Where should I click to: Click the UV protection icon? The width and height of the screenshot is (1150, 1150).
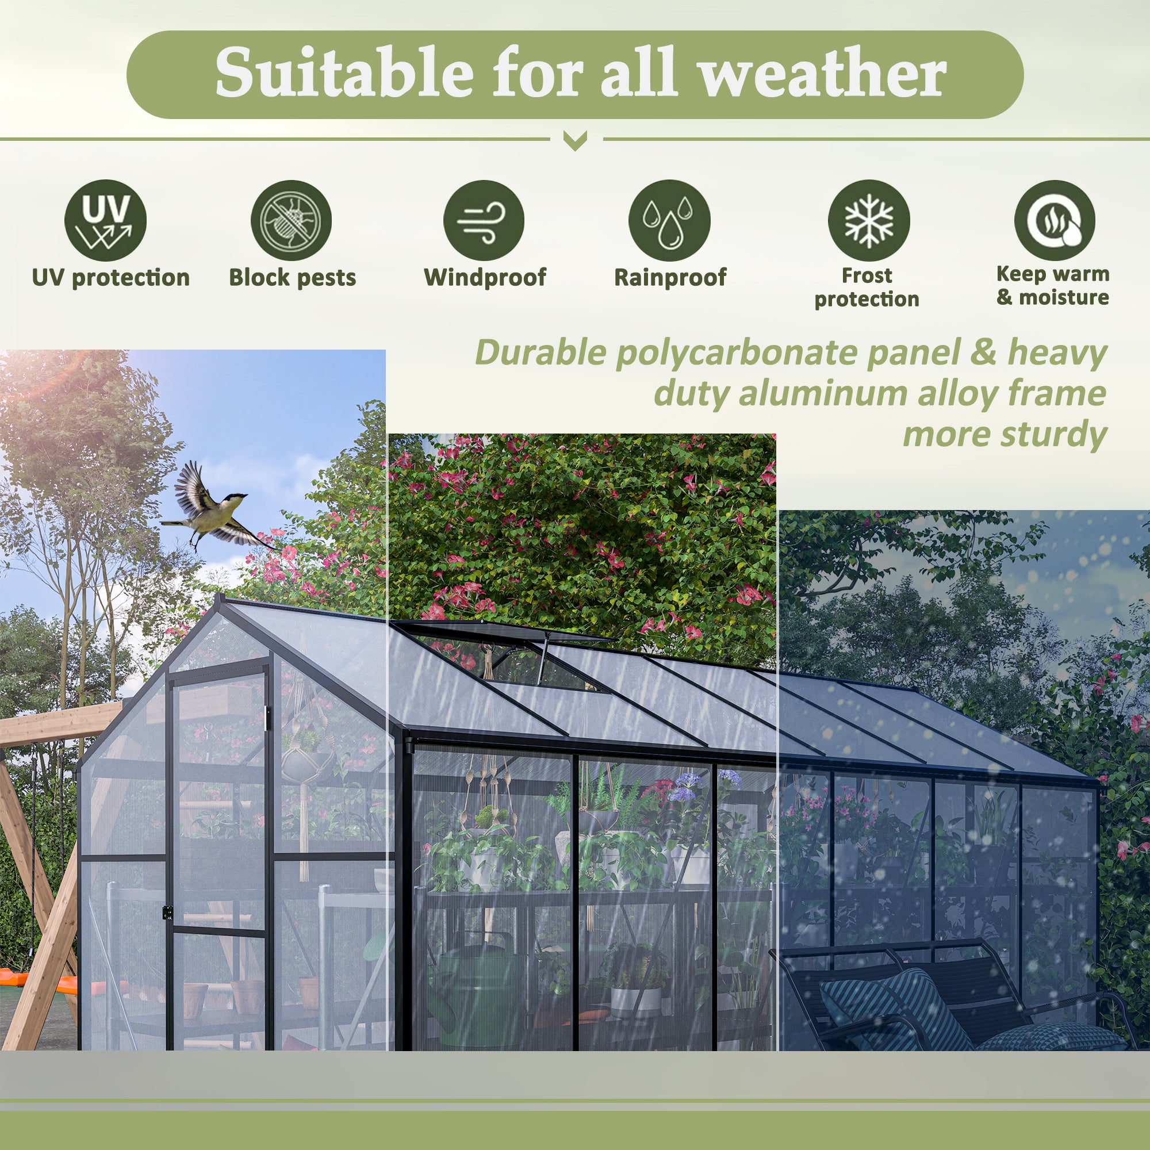[x=105, y=220]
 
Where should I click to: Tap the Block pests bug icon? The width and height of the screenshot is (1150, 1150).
[x=291, y=220]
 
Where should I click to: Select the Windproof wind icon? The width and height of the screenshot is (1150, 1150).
[x=484, y=220]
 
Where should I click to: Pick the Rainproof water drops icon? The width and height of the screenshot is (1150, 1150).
[x=670, y=220]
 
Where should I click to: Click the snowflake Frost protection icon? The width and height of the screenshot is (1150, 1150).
[x=868, y=220]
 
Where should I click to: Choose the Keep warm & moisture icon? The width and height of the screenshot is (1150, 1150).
[x=1054, y=220]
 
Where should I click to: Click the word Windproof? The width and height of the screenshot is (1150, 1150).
[x=485, y=277]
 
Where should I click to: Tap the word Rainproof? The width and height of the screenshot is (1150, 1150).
[x=670, y=277]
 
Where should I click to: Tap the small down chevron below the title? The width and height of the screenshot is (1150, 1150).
[x=575, y=141]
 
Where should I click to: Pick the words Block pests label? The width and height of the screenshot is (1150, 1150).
[x=292, y=277]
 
